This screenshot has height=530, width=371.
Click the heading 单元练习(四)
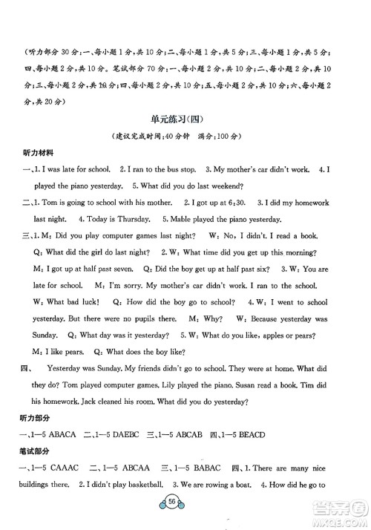pos(185,121)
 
